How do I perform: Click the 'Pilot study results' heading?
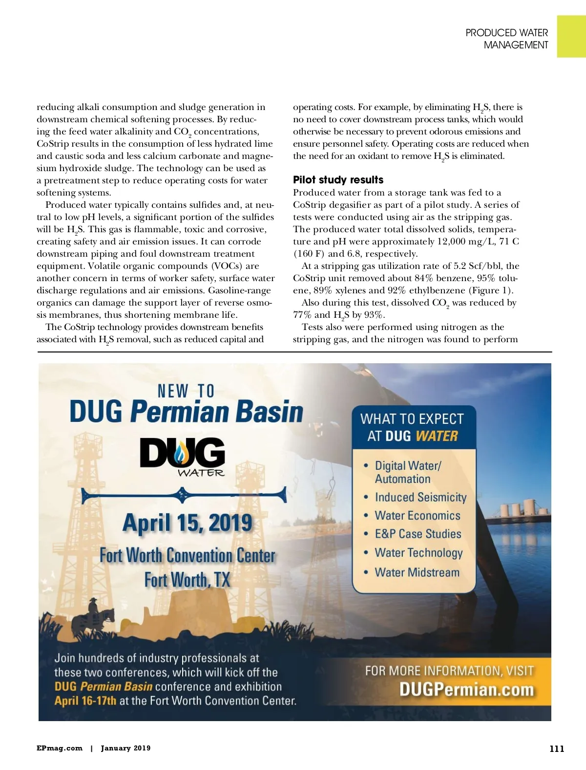(338, 180)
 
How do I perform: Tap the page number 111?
(557, 748)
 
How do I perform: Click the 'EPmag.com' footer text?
(59, 748)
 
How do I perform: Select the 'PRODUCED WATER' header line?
(506, 33)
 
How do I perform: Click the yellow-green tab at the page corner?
(571, 36)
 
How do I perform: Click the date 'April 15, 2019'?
(188, 523)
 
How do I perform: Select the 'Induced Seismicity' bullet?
(420, 497)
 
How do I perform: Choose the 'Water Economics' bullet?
(418, 516)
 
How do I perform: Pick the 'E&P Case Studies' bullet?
(418, 534)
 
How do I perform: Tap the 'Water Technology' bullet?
(419, 552)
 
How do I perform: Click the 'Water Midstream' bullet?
(417, 572)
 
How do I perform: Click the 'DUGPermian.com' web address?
(466, 689)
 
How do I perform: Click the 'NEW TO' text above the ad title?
(186, 391)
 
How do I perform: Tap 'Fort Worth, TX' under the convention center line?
(187, 580)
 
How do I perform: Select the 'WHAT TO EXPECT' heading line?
(412, 419)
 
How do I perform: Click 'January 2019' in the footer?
(126, 748)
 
